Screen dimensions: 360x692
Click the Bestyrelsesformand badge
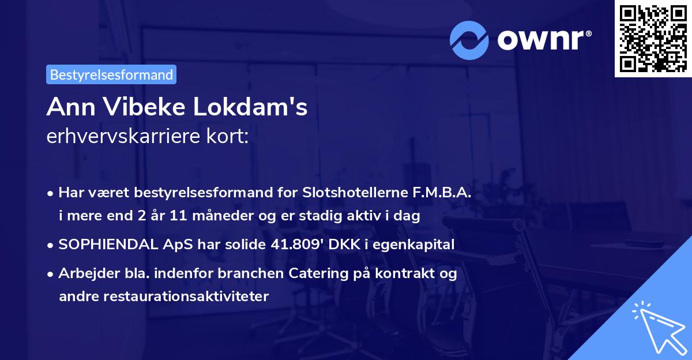[x=111, y=74]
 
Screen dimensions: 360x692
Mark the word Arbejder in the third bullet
[x=84, y=273]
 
